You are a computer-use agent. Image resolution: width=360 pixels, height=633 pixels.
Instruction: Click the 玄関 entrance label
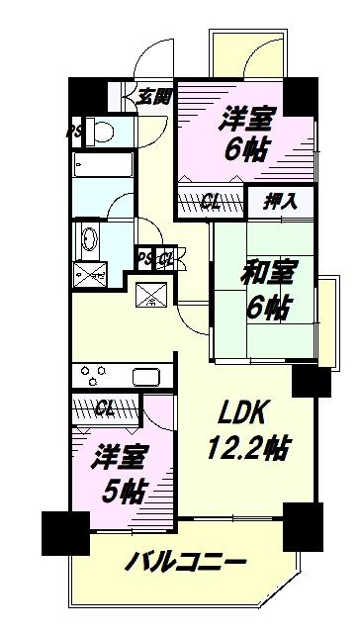coord(154,97)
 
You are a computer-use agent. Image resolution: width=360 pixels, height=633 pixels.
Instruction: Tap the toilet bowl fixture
coord(101,131)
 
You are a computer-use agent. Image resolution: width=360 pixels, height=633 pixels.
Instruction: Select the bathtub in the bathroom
coord(104,165)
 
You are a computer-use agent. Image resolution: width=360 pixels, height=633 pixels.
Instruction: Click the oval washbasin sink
coord(90,239)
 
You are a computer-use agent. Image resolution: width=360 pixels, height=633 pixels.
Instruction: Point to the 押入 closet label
coord(281,201)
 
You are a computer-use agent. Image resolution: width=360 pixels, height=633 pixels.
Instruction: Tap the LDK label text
coord(241,412)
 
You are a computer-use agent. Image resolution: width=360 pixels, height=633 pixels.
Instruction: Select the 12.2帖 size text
coord(250,448)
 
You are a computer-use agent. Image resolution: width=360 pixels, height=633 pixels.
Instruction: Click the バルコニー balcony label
coord(186,562)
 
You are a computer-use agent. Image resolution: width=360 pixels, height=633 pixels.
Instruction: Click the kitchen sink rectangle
coord(146,377)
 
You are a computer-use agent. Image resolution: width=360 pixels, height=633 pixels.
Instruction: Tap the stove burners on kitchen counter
coord(93,375)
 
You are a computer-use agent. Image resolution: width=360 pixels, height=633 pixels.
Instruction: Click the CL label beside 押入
coord(211,202)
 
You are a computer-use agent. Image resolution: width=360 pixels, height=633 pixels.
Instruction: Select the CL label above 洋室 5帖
coord(105,409)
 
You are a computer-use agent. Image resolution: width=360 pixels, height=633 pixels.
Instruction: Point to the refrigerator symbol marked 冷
coord(151,295)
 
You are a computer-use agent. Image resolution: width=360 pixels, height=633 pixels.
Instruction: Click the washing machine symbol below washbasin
coord(90,275)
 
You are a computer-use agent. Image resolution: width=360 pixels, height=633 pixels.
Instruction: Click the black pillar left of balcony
coord(65,533)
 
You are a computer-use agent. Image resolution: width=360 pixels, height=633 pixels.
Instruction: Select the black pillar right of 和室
coord(312,381)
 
